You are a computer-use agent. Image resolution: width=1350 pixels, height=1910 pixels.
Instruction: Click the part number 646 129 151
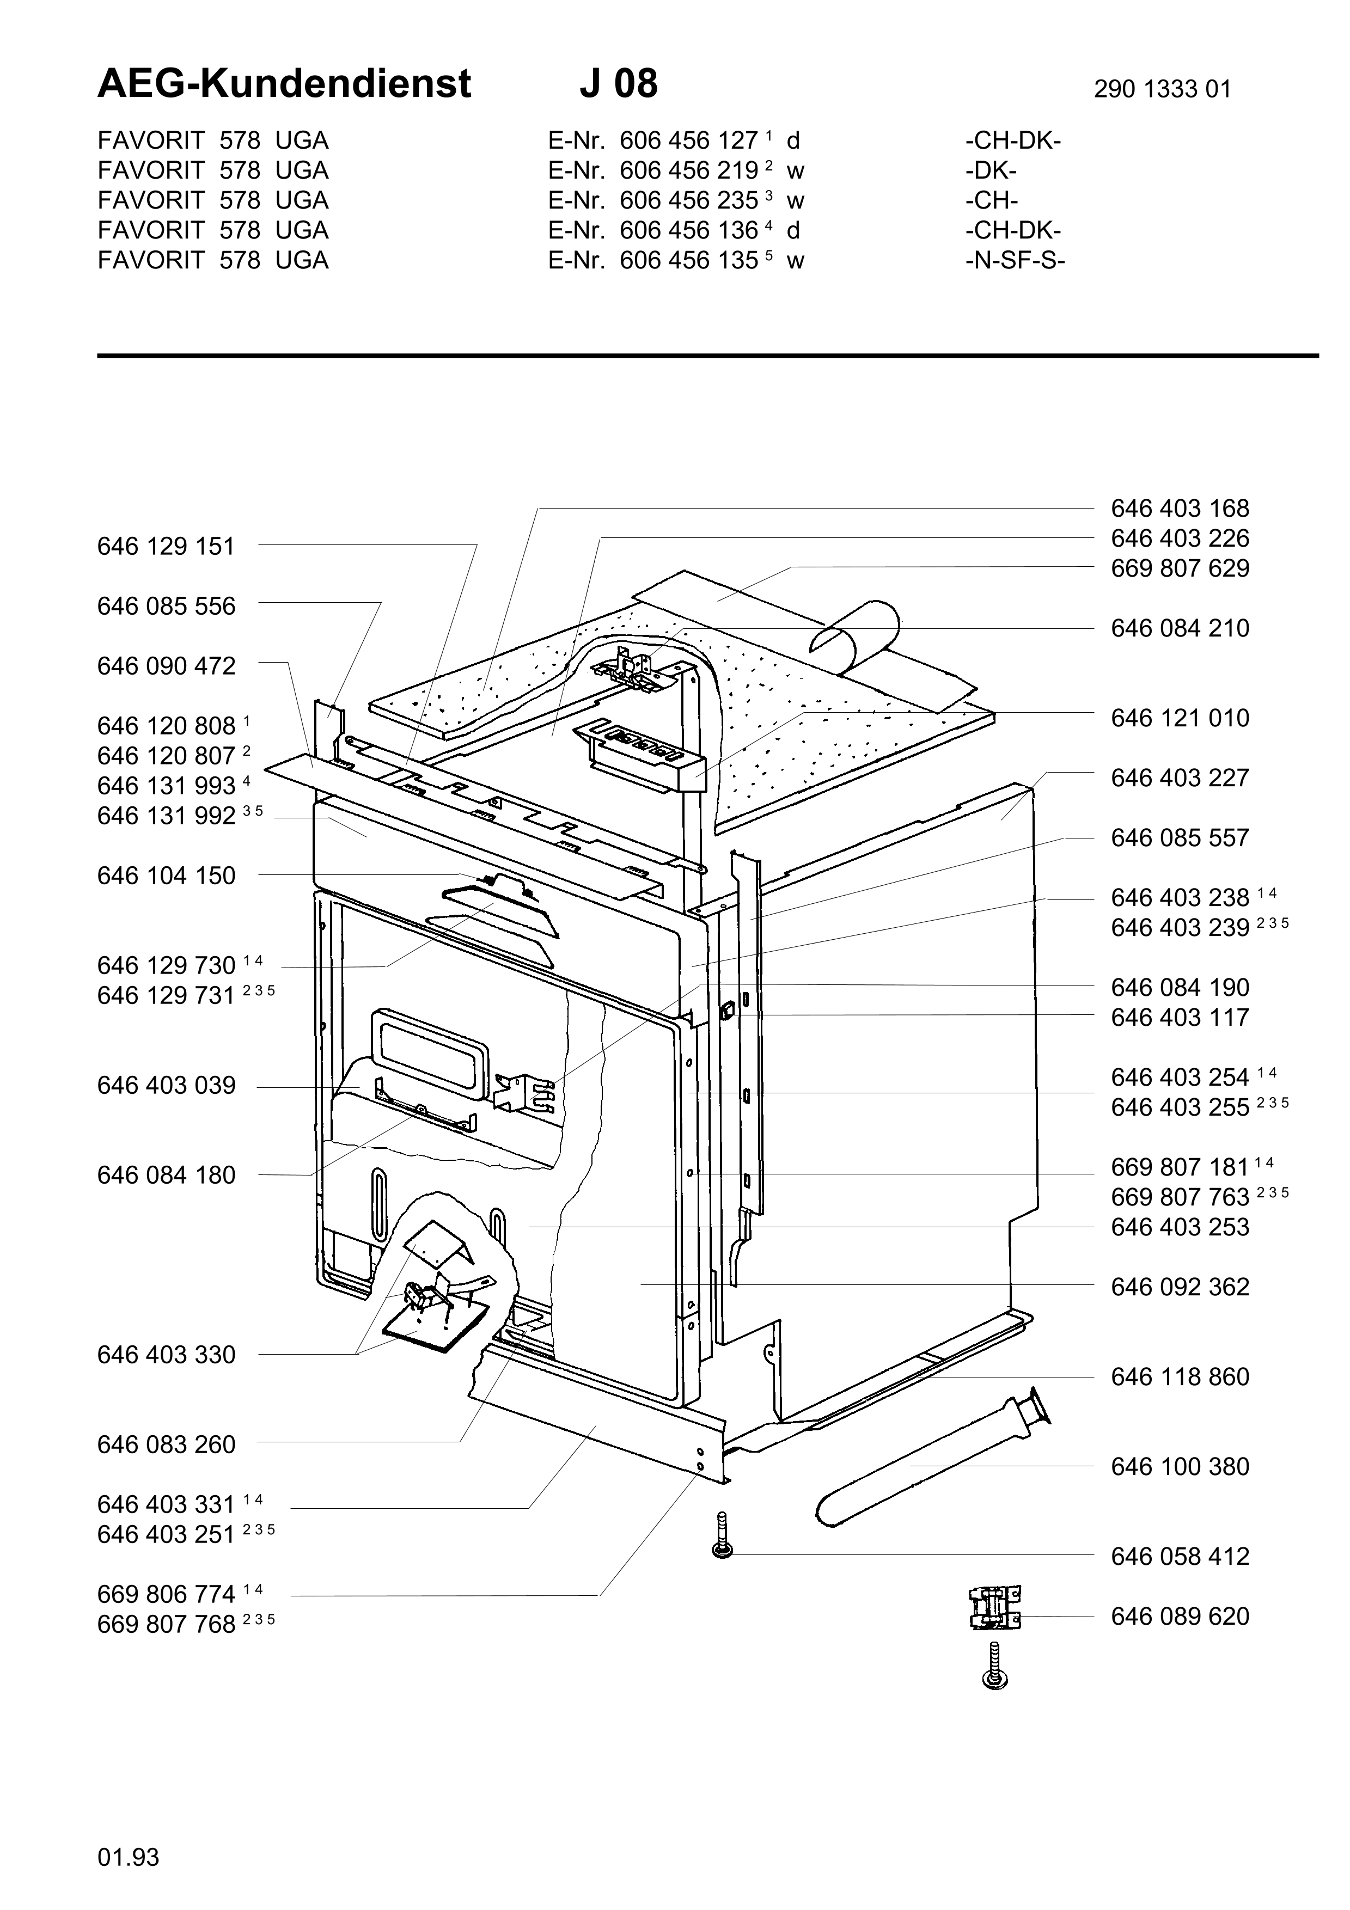point(166,547)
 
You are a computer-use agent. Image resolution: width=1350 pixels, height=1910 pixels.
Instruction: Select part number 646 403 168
point(1180,509)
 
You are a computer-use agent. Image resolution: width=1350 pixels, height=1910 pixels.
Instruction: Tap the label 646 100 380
point(1180,1467)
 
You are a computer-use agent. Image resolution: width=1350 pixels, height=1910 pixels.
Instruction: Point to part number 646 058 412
point(1180,1557)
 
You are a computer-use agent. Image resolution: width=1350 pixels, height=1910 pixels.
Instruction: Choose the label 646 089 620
point(1180,1617)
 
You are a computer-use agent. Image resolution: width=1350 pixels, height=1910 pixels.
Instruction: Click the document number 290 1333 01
point(1162,89)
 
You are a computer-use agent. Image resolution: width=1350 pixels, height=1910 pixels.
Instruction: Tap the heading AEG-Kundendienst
point(284,84)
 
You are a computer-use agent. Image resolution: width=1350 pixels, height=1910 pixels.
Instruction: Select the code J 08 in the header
point(618,84)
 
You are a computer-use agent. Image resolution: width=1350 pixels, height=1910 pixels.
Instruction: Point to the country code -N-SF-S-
point(1015,260)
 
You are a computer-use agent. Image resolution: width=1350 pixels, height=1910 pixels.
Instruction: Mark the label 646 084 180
point(166,1176)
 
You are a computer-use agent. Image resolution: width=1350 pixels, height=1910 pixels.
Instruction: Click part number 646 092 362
point(1180,1287)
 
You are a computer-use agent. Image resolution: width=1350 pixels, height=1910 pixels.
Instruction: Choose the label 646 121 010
point(1180,718)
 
